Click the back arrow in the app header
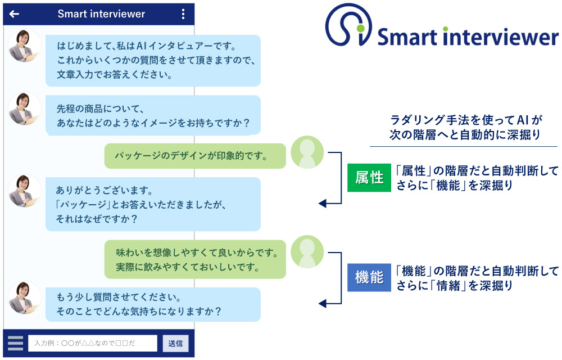[x=15, y=15]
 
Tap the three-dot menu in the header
[x=183, y=15]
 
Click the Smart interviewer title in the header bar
[x=101, y=15]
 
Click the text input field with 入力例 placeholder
[x=93, y=343]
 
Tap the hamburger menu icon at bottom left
[x=16, y=343]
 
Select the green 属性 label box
[x=369, y=178]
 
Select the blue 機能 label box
[x=369, y=277]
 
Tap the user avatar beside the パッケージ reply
[x=307, y=152]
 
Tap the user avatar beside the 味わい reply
[x=307, y=251]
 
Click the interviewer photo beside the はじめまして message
[x=25, y=46]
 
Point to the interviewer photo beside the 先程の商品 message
[x=25, y=109]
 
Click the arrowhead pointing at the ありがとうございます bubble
[x=322, y=204]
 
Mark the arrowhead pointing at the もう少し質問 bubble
[x=322, y=304]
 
